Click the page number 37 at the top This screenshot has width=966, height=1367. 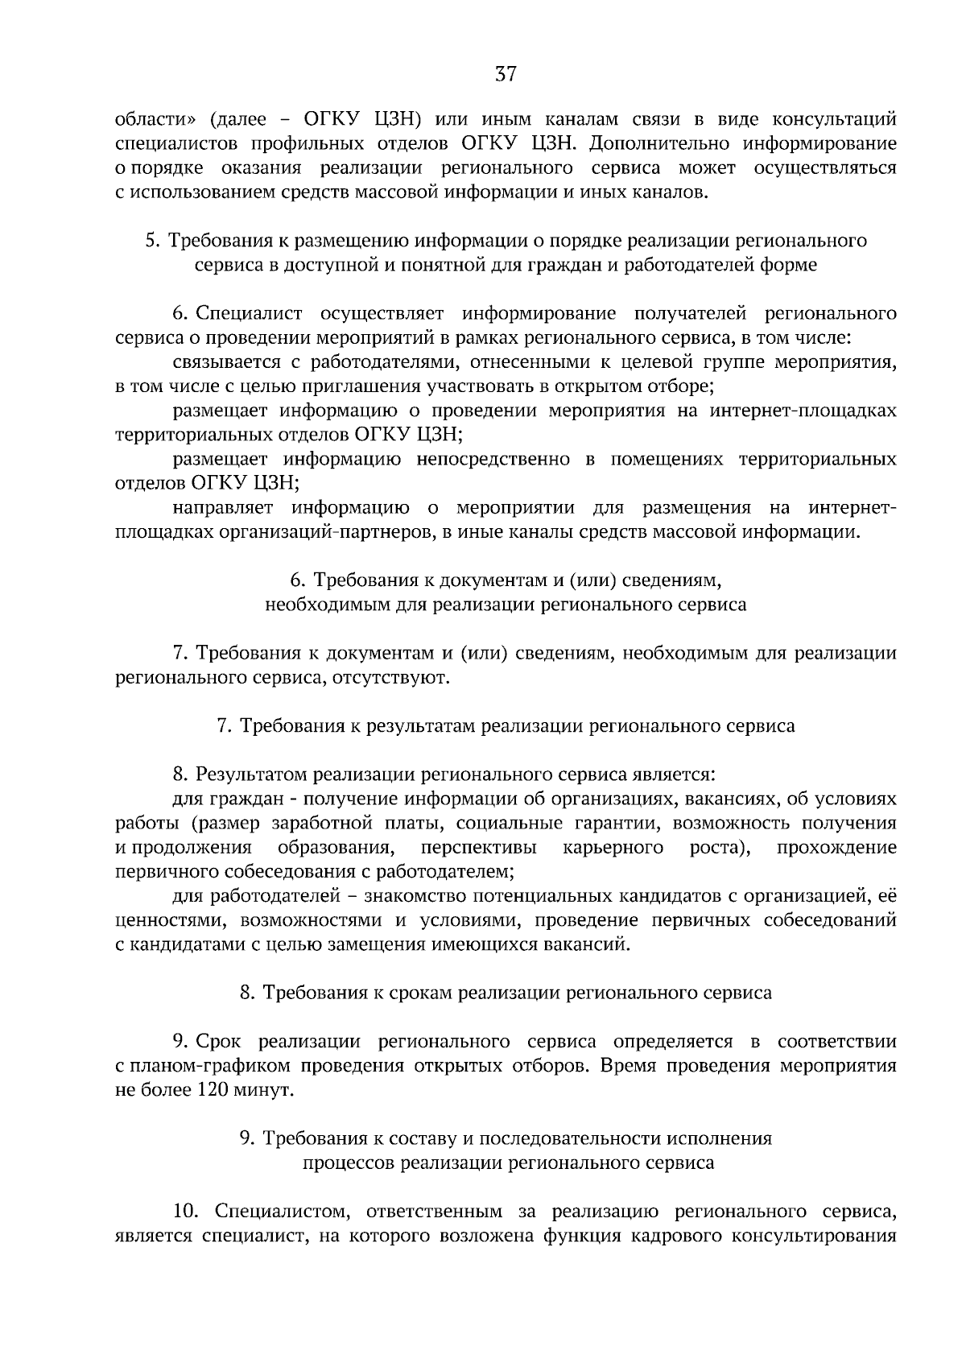tap(505, 75)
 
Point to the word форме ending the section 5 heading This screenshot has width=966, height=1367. tap(788, 265)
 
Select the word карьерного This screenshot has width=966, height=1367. tap(614, 847)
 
